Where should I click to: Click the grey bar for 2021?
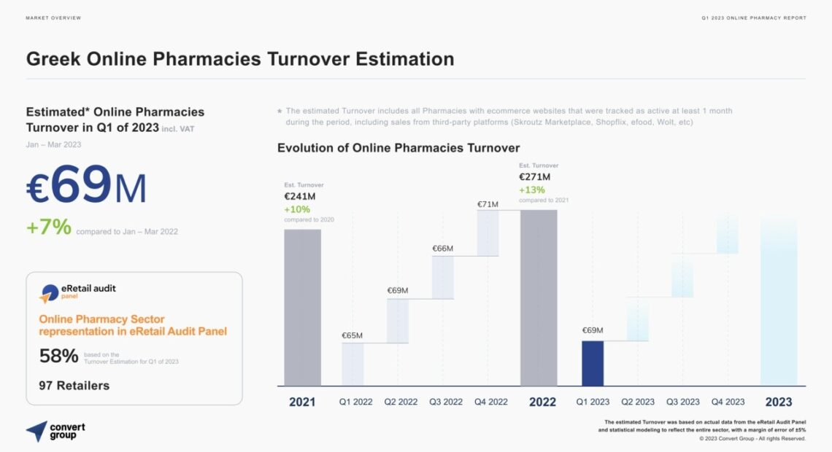click(x=302, y=307)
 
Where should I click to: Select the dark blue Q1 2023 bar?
click(x=592, y=363)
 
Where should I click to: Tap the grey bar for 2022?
click(x=539, y=297)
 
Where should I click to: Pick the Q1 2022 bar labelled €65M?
click(x=353, y=364)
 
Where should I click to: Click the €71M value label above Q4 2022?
click(x=488, y=204)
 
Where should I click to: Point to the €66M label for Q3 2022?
click(x=442, y=249)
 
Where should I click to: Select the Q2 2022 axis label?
click(x=401, y=402)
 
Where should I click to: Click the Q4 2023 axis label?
click(x=728, y=402)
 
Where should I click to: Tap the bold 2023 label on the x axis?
click(x=779, y=402)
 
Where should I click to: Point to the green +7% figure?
click(x=49, y=227)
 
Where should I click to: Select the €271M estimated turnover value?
click(x=535, y=176)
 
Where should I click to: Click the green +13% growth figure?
click(x=532, y=190)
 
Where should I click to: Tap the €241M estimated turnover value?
click(x=300, y=196)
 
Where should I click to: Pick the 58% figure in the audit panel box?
click(x=58, y=356)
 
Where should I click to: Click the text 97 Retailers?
click(x=74, y=385)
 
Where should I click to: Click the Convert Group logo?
click(x=55, y=431)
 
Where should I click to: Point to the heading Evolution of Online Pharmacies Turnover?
click(x=398, y=148)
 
